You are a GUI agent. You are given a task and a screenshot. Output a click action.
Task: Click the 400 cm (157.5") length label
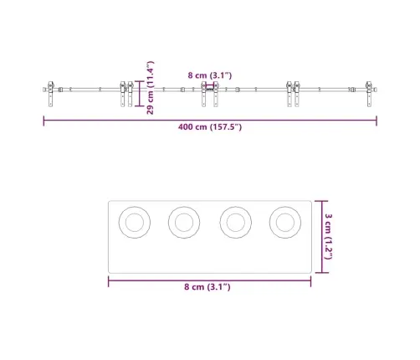(x=210, y=127)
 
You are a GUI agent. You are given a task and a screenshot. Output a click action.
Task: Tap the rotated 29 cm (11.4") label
(x=150, y=88)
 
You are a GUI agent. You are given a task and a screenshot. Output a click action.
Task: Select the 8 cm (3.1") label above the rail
(x=210, y=75)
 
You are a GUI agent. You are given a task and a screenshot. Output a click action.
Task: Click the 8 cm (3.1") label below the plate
(x=207, y=287)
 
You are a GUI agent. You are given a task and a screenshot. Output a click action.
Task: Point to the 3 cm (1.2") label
(x=328, y=237)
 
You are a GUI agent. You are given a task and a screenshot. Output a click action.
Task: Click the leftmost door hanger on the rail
(x=51, y=94)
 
